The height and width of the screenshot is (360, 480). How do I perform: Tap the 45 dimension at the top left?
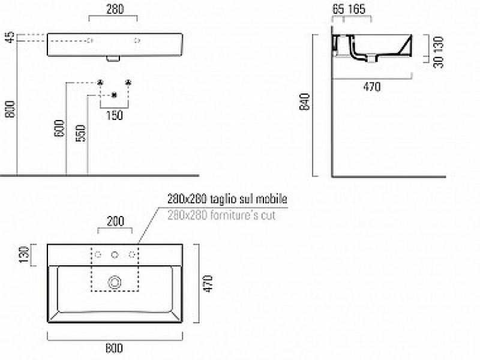(x=10, y=38)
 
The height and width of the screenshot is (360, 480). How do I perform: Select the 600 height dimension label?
(x=58, y=128)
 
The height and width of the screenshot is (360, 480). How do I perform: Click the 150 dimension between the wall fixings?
(x=113, y=115)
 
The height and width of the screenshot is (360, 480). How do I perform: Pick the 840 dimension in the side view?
(x=307, y=102)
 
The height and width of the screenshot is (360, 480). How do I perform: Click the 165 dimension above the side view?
(x=356, y=9)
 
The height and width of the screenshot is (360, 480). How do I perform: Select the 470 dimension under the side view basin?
(x=372, y=87)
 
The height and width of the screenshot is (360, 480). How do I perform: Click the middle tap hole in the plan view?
(x=115, y=255)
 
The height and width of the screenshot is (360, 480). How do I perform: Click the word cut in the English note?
(x=268, y=215)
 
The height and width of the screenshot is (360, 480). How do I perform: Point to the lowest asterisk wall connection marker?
(x=114, y=95)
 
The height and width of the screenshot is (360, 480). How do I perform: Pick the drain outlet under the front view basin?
(x=113, y=59)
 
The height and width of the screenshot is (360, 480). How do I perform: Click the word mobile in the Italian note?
(x=274, y=199)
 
